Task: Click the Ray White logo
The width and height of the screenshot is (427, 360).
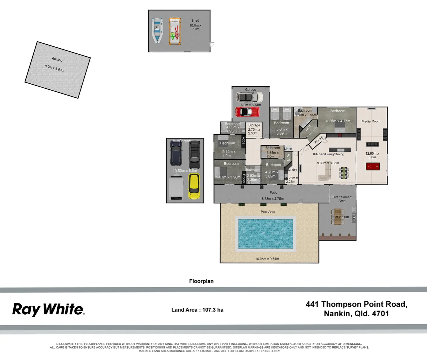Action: (x=48, y=309)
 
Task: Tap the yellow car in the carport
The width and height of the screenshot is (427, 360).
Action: (x=194, y=186)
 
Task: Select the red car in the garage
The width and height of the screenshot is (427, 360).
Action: (x=247, y=112)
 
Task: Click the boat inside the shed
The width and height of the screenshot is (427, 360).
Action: (x=157, y=30)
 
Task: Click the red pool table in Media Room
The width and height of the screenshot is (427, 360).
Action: (x=372, y=166)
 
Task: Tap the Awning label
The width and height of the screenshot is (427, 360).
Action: (x=57, y=59)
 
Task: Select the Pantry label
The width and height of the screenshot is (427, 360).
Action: (x=318, y=139)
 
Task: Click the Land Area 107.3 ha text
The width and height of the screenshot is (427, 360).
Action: (x=197, y=310)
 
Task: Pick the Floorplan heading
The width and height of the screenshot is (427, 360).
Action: (x=201, y=281)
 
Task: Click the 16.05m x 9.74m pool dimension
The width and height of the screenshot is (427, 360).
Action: (x=267, y=259)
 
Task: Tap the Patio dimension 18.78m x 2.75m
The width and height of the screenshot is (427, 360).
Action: (x=272, y=199)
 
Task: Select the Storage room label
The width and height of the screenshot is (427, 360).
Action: (x=254, y=125)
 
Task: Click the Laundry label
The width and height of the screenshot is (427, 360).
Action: (x=291, y=170)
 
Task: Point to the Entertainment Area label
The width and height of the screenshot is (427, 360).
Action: (x=342, y=199)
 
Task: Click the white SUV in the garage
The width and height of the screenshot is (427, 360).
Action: (x=249, y=97)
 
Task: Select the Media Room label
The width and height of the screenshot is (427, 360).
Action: (x=371, y=121)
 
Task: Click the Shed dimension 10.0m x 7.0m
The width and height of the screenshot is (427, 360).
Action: (x=196, y=27)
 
